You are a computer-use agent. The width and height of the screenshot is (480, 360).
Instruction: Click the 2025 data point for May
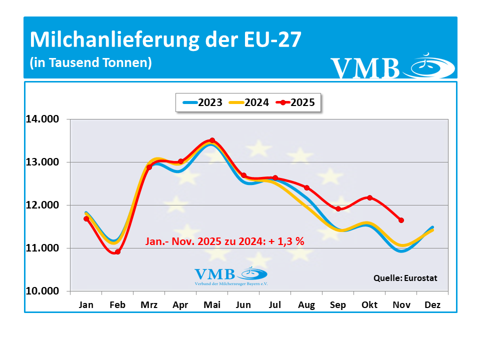[212, 140]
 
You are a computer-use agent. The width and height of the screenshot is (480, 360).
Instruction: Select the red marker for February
[117, 252]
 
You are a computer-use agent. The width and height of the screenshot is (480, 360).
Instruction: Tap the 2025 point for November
[401, 220]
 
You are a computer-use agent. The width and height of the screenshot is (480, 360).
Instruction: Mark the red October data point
[369, 198]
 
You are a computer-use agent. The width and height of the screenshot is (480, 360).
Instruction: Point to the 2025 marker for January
[86, 218]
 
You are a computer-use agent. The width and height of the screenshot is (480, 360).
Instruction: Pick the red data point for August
[306, 188]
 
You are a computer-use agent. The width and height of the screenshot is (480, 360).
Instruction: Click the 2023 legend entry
[202, 102]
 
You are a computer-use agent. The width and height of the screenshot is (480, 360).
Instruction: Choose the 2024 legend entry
[248, 102]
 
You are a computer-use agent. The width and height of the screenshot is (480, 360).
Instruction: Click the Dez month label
[432, 305]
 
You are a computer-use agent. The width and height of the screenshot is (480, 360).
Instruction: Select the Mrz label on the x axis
[149, 305]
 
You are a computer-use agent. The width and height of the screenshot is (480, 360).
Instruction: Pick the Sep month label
[338, 305]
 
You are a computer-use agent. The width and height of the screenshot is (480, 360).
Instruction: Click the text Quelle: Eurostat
[405, 277]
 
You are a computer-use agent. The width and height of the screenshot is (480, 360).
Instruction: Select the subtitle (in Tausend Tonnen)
[90, 63]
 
